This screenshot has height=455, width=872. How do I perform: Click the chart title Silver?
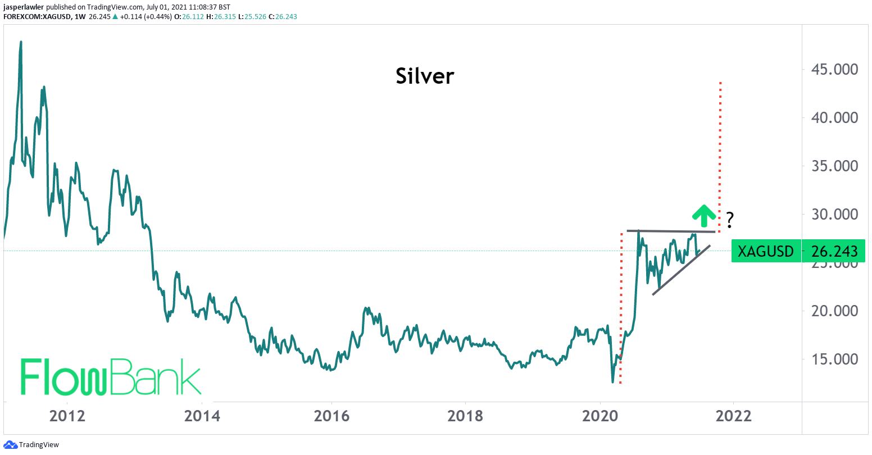pyautogui.click(x=425, y=76)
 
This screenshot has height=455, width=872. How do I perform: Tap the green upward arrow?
pyautogui.click(x=703, y=213)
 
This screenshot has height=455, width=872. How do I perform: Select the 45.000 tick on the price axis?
pyautogui.click(x=834, y=70)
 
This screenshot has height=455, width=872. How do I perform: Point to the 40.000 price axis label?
pyautogui.click(x=834, y=118)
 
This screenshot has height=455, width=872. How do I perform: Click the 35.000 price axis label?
pyautogui.click(x=834, y=166)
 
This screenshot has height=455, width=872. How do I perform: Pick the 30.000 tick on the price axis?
pyautogui.click(x=834, y=215)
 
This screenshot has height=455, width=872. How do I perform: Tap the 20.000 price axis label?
pyautogui.click(x=834, y=311)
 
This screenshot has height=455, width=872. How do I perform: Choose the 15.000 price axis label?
pyautogui.click(x=834, y=360)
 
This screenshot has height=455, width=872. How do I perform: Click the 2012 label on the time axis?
pyautogui.click(x=67, y=416)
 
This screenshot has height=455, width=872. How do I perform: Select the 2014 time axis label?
pyautogui.click(x=202, y=416)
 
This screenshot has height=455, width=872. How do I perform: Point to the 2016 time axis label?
pyautogui.click(x=332, y=416)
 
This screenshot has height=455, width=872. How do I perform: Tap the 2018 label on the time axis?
pyautogui.click(x=465, y=416)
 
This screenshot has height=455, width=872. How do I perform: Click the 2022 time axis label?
pyautogui.click(x=733, y=416)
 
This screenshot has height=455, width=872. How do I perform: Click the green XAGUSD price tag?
pyautogui.click(x=765, y=251)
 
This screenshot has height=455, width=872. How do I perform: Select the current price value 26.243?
pyautogui.click(x=835, y=251)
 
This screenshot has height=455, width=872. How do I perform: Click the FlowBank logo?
pyautogui.click(x=111, y=376)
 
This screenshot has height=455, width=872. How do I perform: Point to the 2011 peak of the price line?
pyautogui.click(x=21, y=42)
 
